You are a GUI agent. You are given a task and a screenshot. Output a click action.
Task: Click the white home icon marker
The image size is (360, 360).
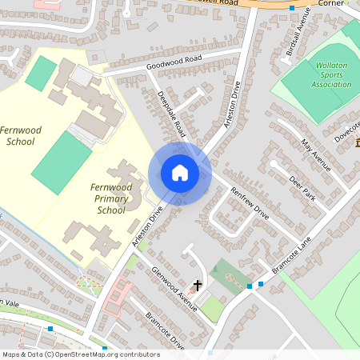[180, 173]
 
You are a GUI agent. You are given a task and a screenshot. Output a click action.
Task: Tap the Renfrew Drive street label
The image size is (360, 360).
[250, 205]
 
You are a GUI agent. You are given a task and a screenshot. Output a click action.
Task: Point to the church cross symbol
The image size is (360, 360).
[198, 285]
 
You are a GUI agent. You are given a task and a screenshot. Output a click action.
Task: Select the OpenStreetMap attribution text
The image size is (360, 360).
[80, 354]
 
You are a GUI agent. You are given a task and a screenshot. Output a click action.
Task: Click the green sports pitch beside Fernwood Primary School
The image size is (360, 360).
[62, 163]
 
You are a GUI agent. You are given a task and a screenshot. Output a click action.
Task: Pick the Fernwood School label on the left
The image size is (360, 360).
[21, 136]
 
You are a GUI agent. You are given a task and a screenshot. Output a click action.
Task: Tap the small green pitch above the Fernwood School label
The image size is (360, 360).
[41, 74]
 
